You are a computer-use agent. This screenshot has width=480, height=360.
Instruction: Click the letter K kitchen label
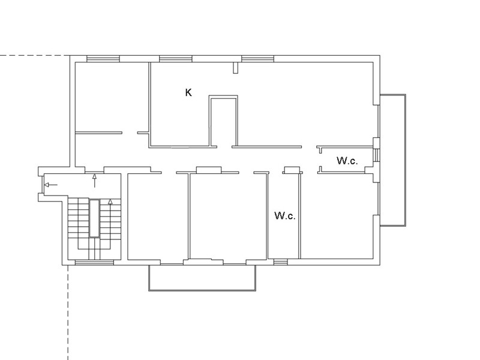click(x=188, y=92)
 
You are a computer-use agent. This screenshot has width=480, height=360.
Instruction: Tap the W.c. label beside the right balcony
click(x=347, y=160)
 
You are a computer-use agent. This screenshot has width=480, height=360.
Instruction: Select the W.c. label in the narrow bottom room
click(x=285, y=215)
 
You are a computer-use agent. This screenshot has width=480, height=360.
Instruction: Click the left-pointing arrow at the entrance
click(x=51, y=185)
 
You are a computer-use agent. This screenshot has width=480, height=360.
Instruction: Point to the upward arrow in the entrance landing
click(x=95, y=181)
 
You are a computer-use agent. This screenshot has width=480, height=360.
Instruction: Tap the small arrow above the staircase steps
click(x=110, y=202)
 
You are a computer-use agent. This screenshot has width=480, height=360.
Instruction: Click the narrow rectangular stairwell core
click(x=94, y=218)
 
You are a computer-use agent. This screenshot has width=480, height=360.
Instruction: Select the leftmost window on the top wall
click(x=103, y=59)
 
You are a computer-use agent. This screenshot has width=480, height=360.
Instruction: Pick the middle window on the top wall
click(x=176, y=59)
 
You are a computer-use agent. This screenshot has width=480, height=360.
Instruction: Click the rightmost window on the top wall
click(x=258, y=59)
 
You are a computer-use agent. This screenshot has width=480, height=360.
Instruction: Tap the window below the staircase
click(x=94, y=262)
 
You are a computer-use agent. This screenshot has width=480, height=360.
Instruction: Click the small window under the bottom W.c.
click(x=280, y=262)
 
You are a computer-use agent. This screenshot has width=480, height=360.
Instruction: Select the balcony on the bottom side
click(x=202, y=290)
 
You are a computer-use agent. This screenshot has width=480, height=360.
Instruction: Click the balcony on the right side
click(x=406, y=160)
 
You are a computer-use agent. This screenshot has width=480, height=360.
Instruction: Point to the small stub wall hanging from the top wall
click(x=235, y=68)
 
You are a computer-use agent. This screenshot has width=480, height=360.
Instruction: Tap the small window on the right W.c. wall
click(x=377, y=154)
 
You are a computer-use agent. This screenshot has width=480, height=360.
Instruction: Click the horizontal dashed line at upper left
click(x=35, y=56)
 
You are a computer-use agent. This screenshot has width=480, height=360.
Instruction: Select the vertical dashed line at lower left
click(x=68, y=312)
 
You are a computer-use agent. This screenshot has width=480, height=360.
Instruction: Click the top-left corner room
click(x=112, y=97)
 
